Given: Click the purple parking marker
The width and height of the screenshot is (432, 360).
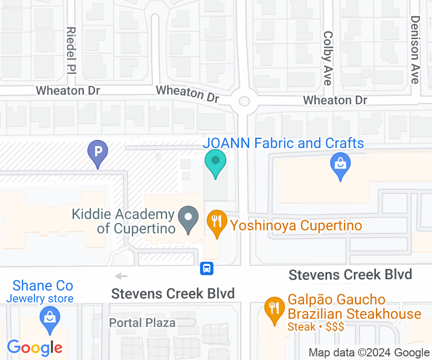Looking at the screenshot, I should (97, 152).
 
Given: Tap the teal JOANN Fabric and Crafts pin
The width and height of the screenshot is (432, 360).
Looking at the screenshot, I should (215, 161).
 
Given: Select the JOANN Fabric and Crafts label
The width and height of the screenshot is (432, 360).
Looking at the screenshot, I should (283, 143).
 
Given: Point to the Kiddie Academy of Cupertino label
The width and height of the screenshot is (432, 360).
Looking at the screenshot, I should (123, 221).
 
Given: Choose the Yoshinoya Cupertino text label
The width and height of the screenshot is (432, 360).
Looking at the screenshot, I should (296, 225).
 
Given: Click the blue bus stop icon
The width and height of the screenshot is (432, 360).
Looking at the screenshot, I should (207, 268).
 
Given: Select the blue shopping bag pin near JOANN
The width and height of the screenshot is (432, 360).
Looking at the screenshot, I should (340, 165).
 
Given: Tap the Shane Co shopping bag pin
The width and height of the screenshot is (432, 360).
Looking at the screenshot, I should (49, 316).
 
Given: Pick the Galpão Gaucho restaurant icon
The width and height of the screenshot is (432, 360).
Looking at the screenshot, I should (274, 309).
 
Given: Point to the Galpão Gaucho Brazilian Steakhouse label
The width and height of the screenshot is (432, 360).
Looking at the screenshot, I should (354, 307).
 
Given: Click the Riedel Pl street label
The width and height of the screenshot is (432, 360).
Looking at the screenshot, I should (71, 50).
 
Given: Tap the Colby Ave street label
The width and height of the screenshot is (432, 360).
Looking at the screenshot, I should (328, 58).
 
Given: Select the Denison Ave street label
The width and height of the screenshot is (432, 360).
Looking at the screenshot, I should (415, 49).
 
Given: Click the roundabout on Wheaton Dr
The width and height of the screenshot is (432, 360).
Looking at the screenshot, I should (243, 101).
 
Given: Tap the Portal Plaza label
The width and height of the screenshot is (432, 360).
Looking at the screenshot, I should (142, 323).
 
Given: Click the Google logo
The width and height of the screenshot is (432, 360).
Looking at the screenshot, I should (35, 348).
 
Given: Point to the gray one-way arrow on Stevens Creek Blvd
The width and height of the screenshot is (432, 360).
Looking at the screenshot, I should (121, 276).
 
